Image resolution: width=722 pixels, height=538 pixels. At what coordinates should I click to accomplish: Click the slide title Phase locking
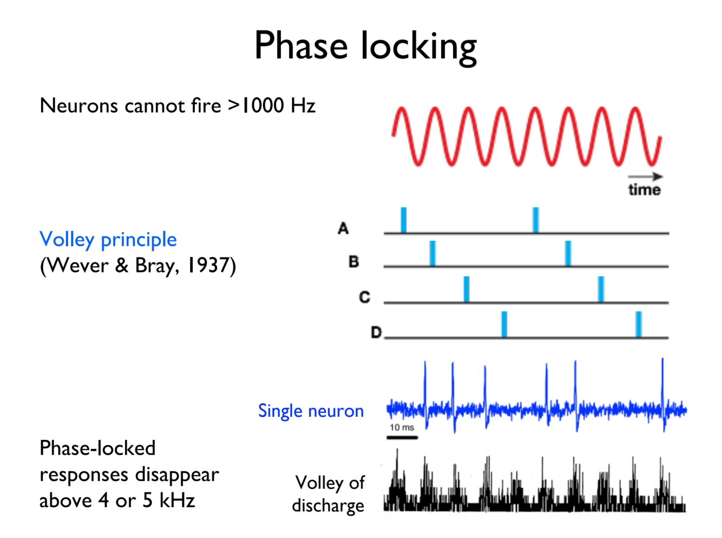click(x=365, y=46)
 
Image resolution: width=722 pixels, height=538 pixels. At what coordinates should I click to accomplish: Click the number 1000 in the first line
click(x=262, y=106)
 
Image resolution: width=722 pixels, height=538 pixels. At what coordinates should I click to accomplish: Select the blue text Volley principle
click(x=108, y=239)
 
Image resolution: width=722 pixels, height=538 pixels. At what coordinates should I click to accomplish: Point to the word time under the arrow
click(x=644, y=189)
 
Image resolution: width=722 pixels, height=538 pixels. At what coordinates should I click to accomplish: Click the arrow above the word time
click(x=645, y=176)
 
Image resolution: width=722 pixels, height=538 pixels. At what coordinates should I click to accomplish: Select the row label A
click(x=343, y=228)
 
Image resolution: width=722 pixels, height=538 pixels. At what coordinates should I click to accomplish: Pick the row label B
click(x=353, y=262)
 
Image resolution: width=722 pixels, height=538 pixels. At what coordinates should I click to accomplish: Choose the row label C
click(x=364, y=297)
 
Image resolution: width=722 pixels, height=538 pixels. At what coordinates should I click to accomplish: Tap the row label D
click(x=376, y=332)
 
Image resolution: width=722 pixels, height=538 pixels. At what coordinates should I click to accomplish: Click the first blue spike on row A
click(x=404, y=220)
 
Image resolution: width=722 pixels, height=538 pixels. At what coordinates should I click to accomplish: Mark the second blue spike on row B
click(x=568, y=253)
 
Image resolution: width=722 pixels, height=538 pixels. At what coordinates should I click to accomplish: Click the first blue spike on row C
click(x=467, y=289)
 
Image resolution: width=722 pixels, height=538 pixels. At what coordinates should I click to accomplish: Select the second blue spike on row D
click(x=639, y=324)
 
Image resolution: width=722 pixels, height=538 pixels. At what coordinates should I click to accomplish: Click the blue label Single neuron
click(x=311, y=411)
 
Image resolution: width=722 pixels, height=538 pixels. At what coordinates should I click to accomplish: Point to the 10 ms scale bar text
click(x=402, y=428)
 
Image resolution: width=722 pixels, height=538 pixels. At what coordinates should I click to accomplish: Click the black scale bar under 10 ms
click(x=402, y=437)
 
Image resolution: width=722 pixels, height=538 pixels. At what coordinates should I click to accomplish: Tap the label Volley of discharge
click(x=329, y=494)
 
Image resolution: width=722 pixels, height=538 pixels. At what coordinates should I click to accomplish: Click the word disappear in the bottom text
click(x=177, y=475)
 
